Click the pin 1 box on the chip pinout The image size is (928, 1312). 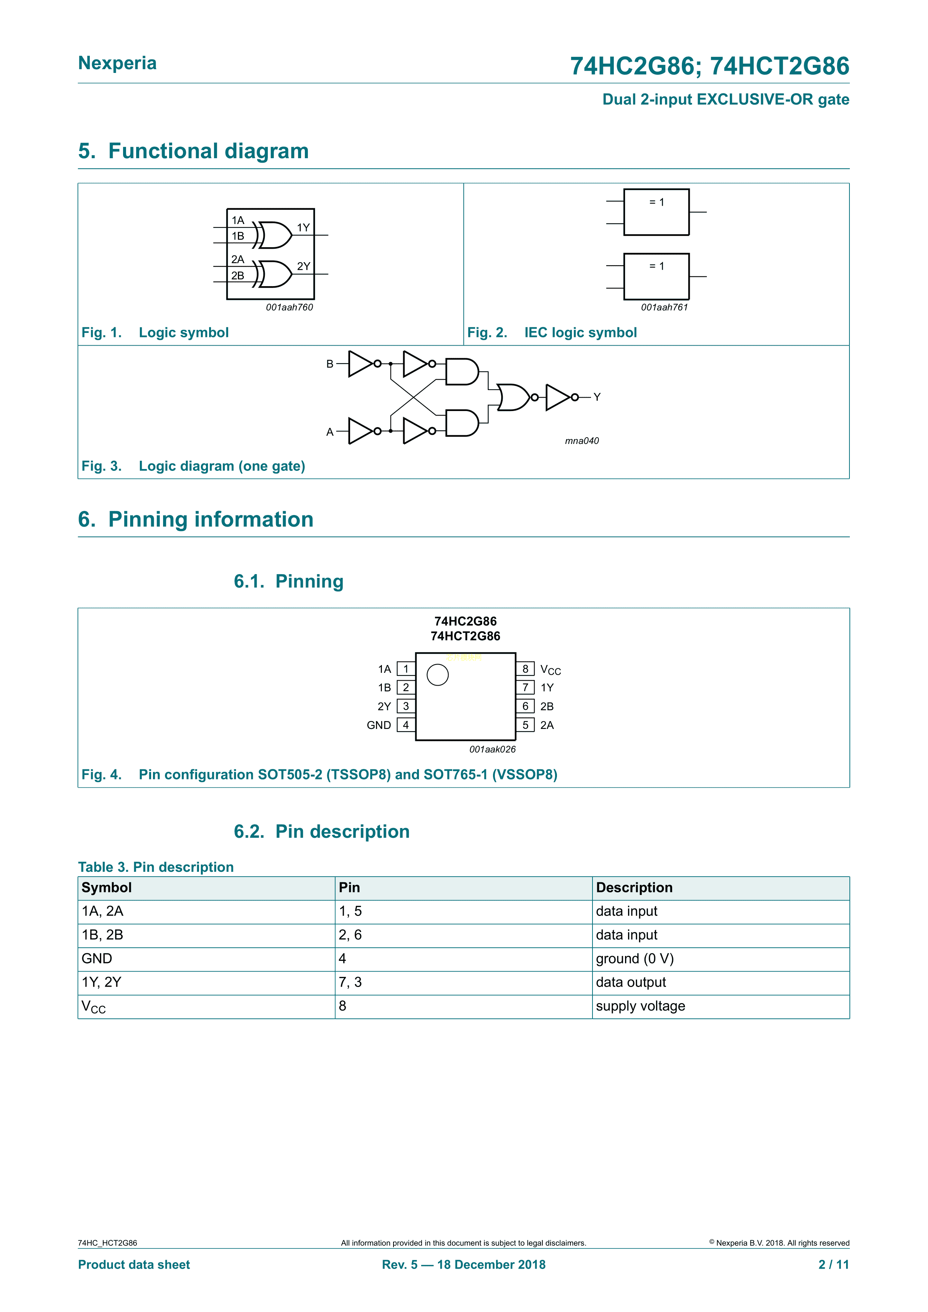(x=406, y=669)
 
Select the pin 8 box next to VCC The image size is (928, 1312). (x=525, y=669)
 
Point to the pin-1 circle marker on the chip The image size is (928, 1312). (x=438, y=675)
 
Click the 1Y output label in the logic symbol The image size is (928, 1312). (x=303, y=227)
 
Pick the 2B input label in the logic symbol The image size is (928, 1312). (x=238, y=275)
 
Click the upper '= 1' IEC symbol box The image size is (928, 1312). (x=656, y=212)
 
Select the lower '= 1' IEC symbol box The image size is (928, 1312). (x=656, y=276)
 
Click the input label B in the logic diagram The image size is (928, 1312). (x=330, y=364)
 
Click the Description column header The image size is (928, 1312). (x=634, y=888)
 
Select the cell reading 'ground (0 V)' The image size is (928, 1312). (x=635, y=958)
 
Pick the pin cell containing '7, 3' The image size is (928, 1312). (x=350, y=982)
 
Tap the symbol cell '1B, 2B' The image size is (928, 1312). (x=103, y=935)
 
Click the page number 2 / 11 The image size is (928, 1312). (x=834, y=1265)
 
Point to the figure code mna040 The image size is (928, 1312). (x=582, y=441)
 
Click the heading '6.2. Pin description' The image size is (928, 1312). (x=322, y=831)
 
